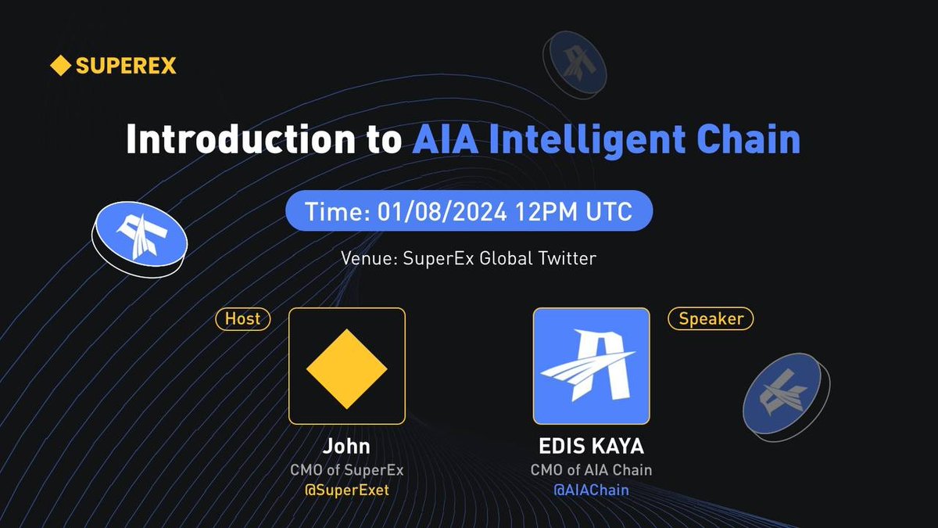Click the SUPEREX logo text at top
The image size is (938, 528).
point(126,66)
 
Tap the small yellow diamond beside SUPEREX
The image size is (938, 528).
point(60,66)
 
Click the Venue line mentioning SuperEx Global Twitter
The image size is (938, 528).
point(468,258)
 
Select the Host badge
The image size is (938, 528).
point(242,318)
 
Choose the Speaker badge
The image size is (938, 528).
point(711,318)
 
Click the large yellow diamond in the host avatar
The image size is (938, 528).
point(346,366)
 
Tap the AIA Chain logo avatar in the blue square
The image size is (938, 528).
point(591,366)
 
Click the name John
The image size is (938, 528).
point(346,447)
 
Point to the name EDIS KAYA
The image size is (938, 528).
point(591,447)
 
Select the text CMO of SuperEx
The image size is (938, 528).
point(346,470)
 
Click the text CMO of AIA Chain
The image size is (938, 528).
point(591,470)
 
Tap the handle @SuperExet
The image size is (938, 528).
point(346,490)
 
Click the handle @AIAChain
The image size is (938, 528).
point(591,490)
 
